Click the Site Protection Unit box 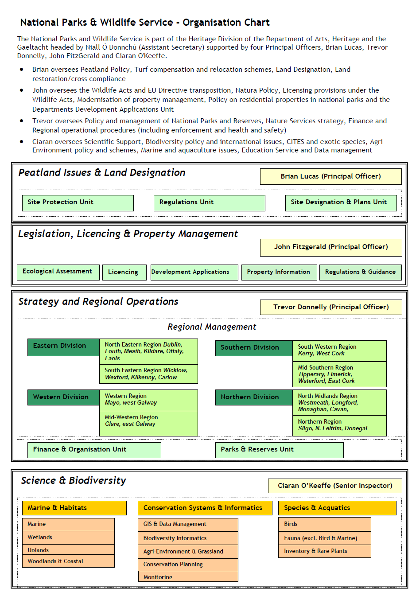click(x=78, y=203)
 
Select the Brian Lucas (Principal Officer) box click(x=330, y=176)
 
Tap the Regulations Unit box click(x=209, y=203)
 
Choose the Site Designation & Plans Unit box click(x=341, y=203)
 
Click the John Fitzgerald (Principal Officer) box click(x=330, y=247)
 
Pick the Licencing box click(x=124, y=272)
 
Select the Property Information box click(x=279, y=272)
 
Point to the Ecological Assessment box click(x=58, y=272)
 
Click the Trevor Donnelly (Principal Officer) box click(x=330, y=307)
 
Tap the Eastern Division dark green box click(x=63, y=347)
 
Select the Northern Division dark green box click(x=253, y=397)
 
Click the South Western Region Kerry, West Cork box click(x=339, y=351)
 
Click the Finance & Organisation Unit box click(x=94, y=450)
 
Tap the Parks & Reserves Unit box click(x=279, y=450)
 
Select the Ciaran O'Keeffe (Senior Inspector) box click(x=335, y=486)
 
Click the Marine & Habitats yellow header click(x=74, y=508)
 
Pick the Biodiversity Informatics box click(x=188, y=538)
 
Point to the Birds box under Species click(x=324, y=524)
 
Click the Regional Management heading click(x=212, y=327)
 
